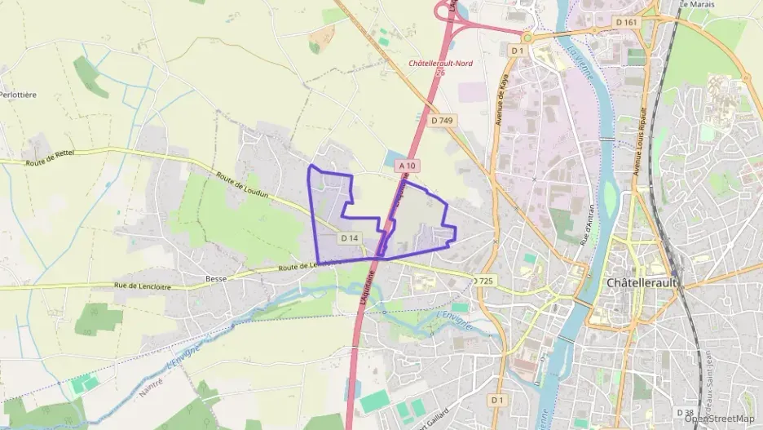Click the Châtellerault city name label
643,282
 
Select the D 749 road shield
442,121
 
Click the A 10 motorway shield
408,166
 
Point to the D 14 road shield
350,238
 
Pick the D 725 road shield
483,281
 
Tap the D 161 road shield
626,22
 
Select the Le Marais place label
697,4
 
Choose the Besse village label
216,278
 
